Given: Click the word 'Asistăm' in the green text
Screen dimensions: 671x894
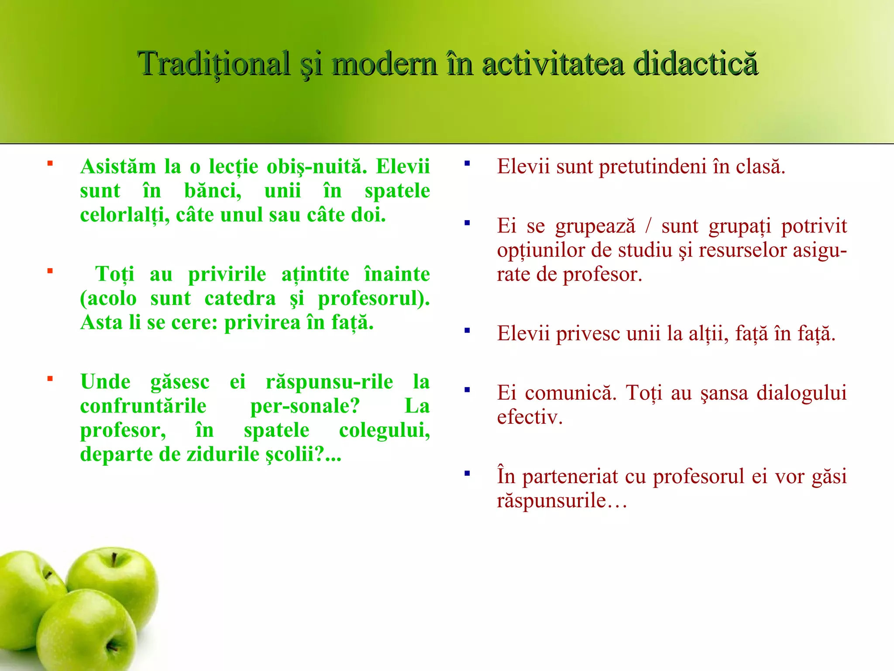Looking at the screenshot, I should (x=118, y=167).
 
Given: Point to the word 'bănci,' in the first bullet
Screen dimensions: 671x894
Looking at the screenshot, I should (x=213, y=191).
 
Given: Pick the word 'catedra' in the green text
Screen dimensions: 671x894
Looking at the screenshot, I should (x=240, y=299).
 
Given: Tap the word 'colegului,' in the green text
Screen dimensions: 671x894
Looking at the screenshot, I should (x=384, y=430).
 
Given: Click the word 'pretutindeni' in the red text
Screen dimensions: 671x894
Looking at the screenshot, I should (x=653, y=167).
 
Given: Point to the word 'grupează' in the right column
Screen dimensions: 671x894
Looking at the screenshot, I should (x=595, y=226).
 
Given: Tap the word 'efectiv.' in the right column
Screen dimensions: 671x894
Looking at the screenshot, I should (x=530, y=417).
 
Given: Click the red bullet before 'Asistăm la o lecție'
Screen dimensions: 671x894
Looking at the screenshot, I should (x=50, y=164).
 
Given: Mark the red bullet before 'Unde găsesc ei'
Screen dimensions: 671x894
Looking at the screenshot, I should (x=50, y=379).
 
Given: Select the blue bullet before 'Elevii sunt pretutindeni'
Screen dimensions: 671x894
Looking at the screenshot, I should (x=467, y=164).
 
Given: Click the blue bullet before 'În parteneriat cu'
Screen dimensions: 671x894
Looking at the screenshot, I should (x=467, y=473).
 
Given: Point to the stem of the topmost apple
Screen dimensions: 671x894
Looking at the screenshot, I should (x=114, y=560).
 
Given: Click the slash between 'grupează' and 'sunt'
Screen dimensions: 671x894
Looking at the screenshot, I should (x=648, y=226).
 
